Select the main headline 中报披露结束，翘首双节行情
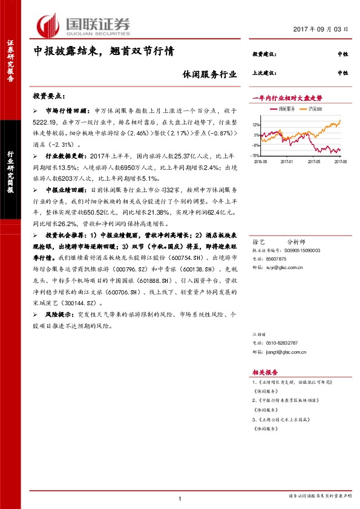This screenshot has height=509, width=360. coord(103,52)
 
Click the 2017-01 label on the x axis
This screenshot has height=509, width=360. coord(285,161)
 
